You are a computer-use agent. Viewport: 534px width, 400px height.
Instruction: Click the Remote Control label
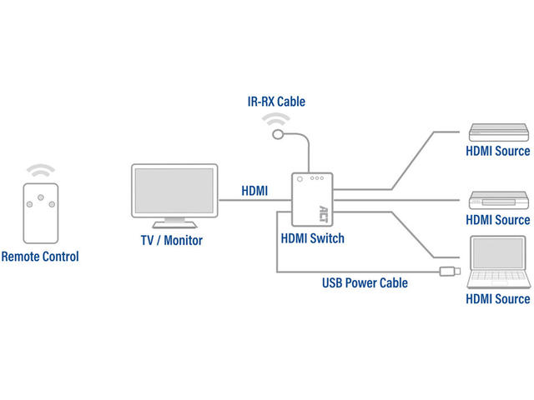pos(40,257)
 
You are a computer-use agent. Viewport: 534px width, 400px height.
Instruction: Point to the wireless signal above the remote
pos(40,170)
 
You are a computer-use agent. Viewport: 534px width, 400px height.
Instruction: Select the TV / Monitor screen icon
pos(174,192)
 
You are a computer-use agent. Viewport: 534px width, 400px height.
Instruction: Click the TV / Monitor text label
pos(172,241)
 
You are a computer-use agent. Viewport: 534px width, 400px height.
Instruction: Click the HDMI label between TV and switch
pos(254,191)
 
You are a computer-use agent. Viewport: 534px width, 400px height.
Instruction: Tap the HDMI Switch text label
pos(313,238)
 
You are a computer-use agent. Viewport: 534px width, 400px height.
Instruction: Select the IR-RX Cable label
pos(276,102)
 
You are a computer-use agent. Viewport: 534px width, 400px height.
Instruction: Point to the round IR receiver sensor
pos(278,134)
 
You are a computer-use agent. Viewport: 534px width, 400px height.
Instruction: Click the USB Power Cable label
pos(365,282)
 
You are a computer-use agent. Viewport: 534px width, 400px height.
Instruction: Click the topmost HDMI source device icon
pos(497,131)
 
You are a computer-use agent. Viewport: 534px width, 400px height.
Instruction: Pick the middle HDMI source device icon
pos(497,200)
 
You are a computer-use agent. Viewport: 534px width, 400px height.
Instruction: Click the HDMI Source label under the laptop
pos(497,298)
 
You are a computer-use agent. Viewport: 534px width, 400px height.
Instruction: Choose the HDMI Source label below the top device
pos(497,151)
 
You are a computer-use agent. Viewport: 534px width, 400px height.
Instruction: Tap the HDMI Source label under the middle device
pos(497,220)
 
